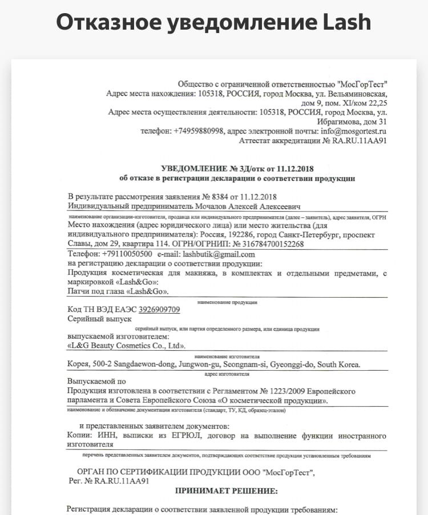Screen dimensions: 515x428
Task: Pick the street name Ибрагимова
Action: (x=339, y=121)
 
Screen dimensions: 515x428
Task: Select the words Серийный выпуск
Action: (x=99, y=319)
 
